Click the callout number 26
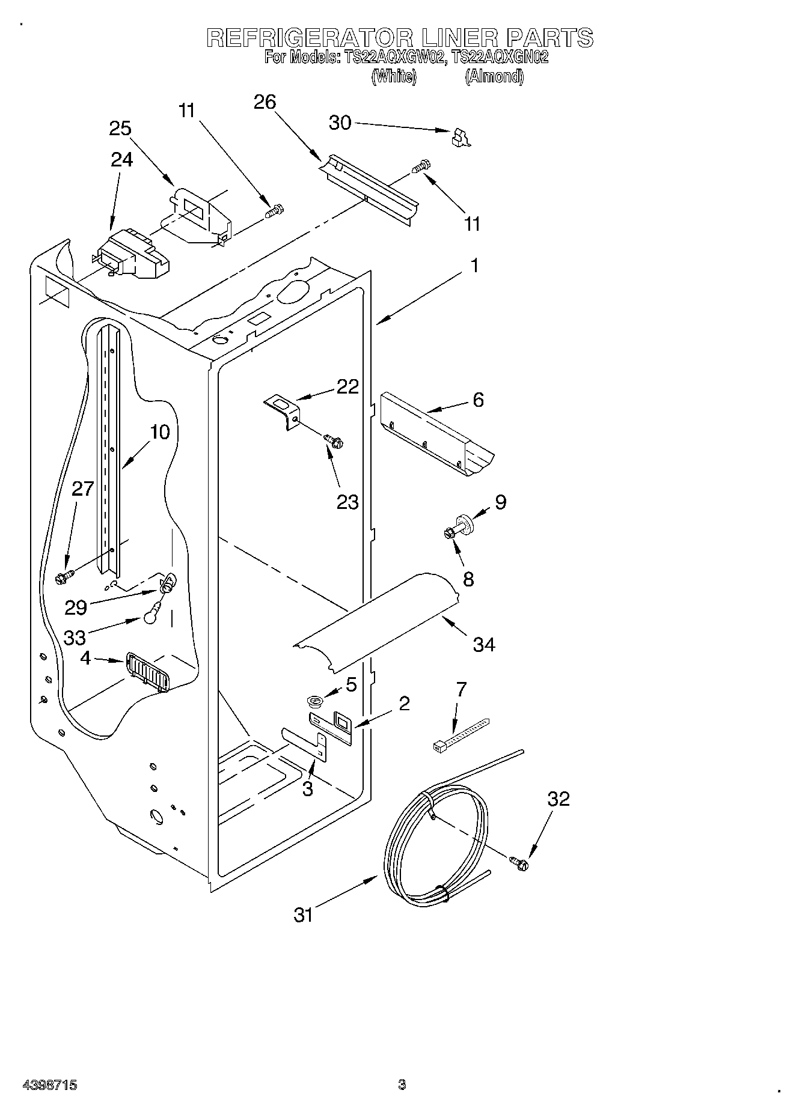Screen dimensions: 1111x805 [x=265, y=103]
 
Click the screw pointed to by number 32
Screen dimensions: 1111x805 [x=521, y=863]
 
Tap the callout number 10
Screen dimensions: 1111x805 [x=160, y=432]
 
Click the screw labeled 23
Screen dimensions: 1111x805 [x=334, y=442]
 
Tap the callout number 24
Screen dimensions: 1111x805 [x=121, y=160]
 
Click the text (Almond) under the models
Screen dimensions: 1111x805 [x=494, y=76]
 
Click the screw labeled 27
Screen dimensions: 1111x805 [x=64, y=577]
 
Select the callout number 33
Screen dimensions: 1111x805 [x=75, y=638]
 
